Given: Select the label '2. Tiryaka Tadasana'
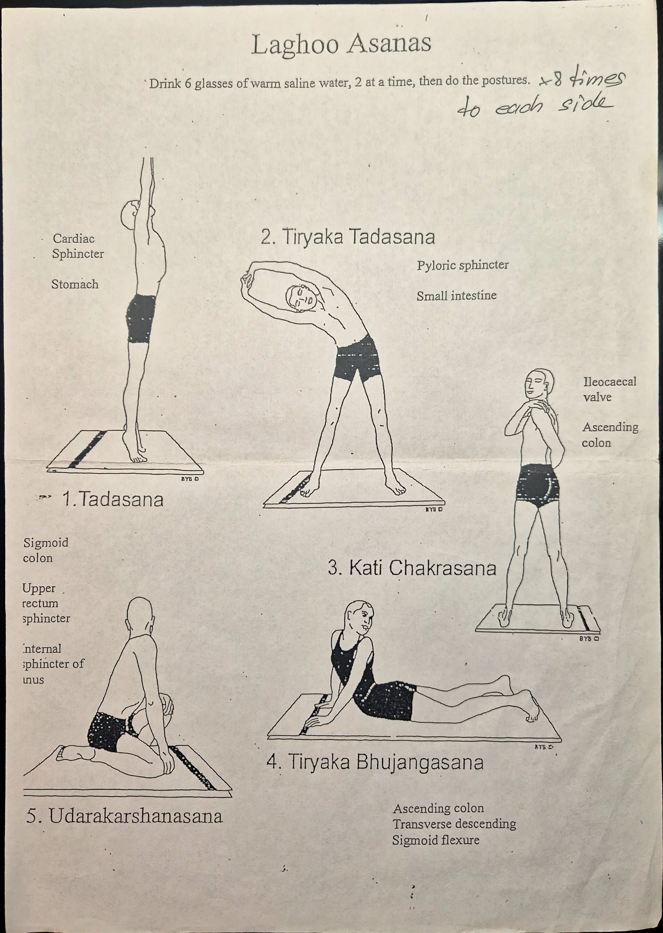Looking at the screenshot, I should coord(348,237).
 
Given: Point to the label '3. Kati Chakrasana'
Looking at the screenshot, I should coord(412,568).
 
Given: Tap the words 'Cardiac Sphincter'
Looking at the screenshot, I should coord(77,246).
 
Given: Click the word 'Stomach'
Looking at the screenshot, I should coord(75,284).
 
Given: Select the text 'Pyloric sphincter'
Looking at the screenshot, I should coord(462,265).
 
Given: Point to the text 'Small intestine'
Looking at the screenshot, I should coord(456,296).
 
